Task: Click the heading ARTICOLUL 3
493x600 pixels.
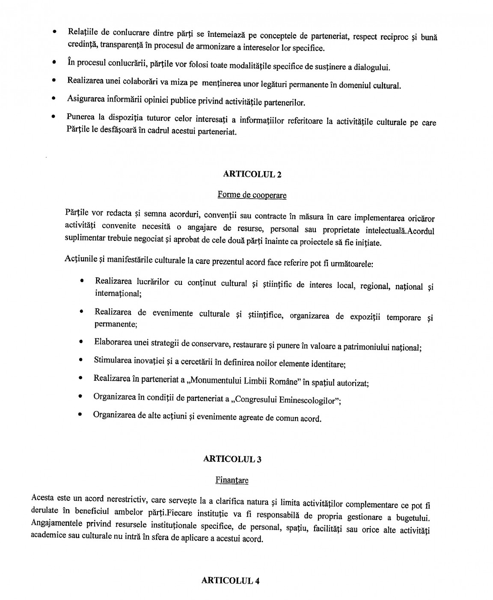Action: point(232,459)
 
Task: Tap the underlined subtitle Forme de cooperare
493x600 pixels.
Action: point(252,195)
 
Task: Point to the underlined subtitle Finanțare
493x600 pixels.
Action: point(232,480)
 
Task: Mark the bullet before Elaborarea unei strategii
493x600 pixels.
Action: point(80,342)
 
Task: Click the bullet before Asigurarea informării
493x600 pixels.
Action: point(53,99)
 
